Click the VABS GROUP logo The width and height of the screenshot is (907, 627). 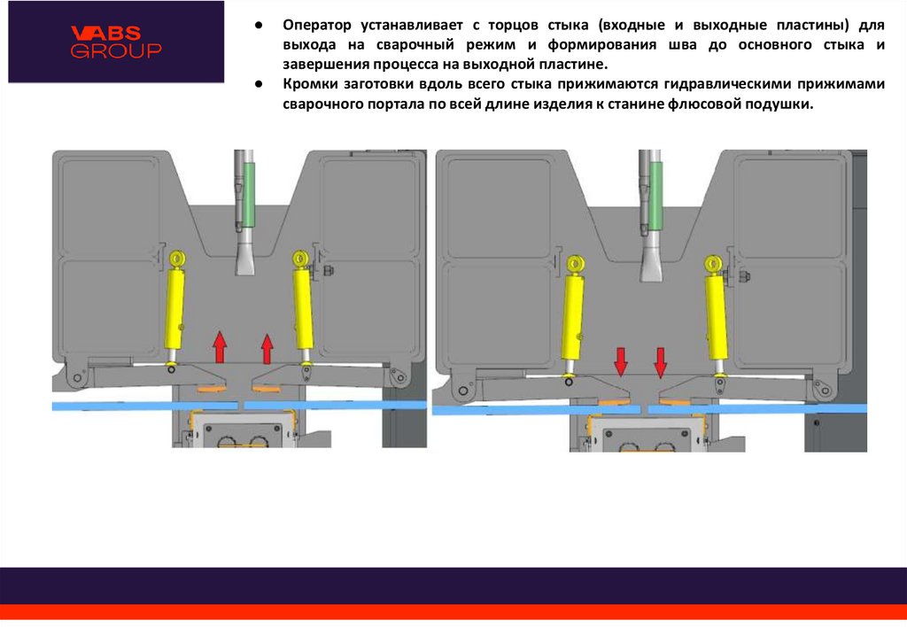(x=116, y=42)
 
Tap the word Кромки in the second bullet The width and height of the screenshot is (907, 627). (x=311, y=85)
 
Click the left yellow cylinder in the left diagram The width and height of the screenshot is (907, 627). (x=175, y=310)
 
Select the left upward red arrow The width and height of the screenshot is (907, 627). (x=220, y=346)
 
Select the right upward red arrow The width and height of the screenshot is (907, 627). (x=267, y=349)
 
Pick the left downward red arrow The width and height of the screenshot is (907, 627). (x=621, y=361)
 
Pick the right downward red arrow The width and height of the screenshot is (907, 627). (x=661, y=361)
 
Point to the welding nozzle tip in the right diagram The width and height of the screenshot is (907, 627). (x=655, y=270)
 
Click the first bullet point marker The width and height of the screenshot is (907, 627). (x=257, y=26)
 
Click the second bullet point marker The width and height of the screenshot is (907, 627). (x=257, y=85)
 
